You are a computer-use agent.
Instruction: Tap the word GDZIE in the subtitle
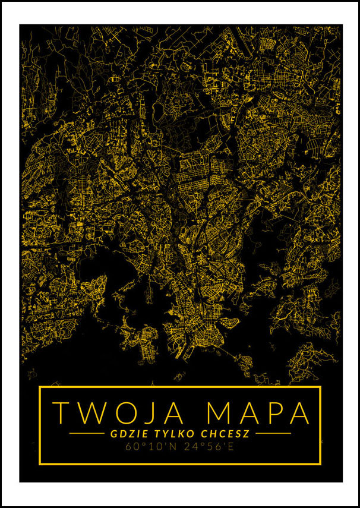coord(127,433)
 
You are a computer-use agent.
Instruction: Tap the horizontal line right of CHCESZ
coord(273,434)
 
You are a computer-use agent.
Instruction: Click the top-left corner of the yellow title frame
coord(40,387)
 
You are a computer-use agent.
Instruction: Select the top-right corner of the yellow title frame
coord(320,387)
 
